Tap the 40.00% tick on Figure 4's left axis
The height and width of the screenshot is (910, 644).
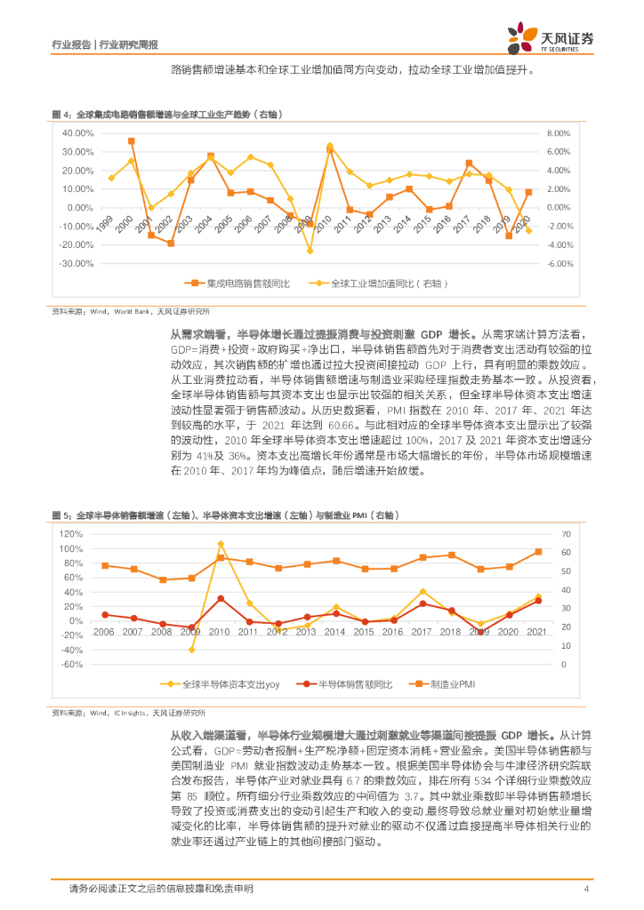pos(77,132)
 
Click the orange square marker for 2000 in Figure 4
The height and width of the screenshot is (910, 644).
pos(132,141)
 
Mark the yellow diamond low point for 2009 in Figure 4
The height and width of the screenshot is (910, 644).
pos(310,251)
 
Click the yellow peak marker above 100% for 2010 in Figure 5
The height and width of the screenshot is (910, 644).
pos(221,544)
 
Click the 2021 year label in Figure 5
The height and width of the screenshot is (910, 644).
pos(537,631)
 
